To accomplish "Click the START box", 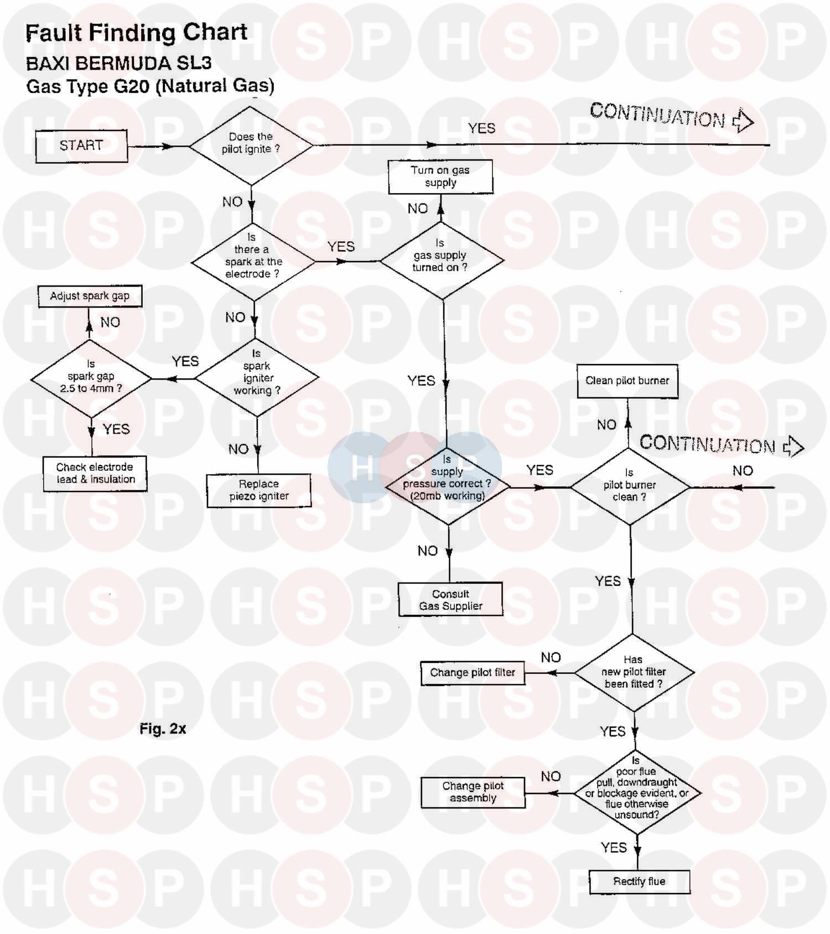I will pyautogui.click(x=81, y=146).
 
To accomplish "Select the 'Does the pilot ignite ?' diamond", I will pyautogui.click(x=251, y=145).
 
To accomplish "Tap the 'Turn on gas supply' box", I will pyautogui.click(x=440, y=177).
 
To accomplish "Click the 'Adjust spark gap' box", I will pyautogui.click(x=90, y=296).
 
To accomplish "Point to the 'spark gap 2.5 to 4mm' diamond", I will pyautogui.click(x=91, y=378).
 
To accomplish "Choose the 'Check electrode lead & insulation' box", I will pyautogui.click(x=95, y=474).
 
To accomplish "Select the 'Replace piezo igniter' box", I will pyautogui.click(x=259, y=490).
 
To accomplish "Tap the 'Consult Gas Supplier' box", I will pyautogui.click(x=451, y=600).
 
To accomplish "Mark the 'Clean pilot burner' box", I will pyautogui.click(x=627, y=381).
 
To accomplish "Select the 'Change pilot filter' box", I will pyautogui.click(x=473, y=673).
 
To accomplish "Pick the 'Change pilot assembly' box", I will pyautogui.click(x=473, y=792).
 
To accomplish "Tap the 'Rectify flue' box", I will pyautogui.click(x=640, y=881).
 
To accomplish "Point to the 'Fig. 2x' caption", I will pyautogui.click(x=163, y=729).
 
